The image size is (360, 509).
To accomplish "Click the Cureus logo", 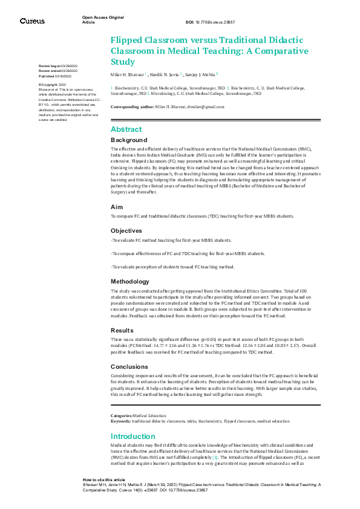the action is [31, 21].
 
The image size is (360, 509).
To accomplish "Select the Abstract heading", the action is [126, 129].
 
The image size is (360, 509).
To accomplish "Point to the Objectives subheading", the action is [127, 231].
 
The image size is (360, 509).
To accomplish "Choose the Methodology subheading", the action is [130, 281].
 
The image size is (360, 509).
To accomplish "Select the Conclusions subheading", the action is [129, 366].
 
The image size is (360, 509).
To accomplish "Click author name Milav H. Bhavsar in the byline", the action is [128, 74].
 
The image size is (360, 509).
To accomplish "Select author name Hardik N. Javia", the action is [165, 74].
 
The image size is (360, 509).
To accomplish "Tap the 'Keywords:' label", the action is [121, 420].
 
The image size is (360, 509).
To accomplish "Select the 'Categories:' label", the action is [121, 415].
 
